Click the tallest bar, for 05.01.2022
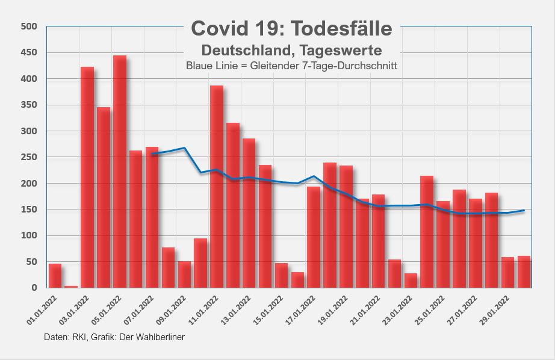coord(120,172)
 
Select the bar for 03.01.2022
coord(87,178)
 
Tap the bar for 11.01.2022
coord(217,187)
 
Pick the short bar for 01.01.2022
coord(55,276)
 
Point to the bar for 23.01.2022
coord(411,281)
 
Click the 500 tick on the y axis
coord(29,26)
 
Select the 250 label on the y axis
coord(29,157)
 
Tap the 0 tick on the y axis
coord(34,288)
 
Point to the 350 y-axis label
coord(29,105)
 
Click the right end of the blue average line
coord(524,211)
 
